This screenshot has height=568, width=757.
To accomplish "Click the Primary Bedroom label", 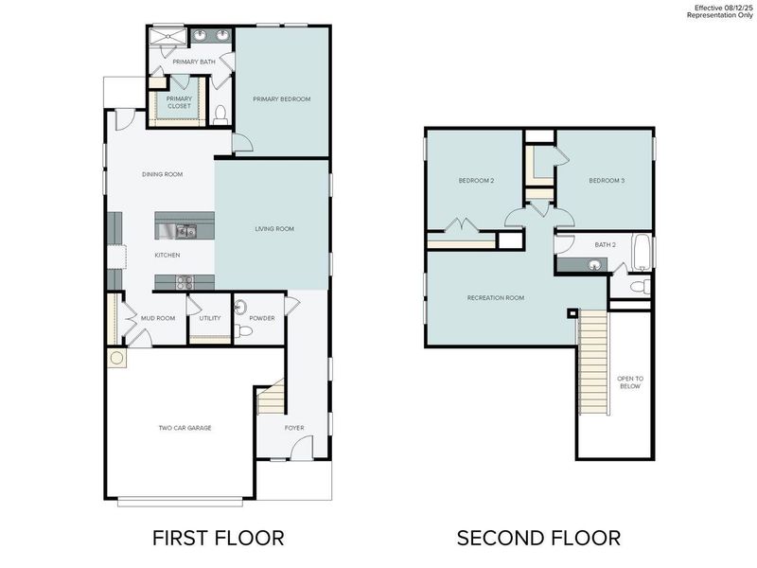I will pos(281,99).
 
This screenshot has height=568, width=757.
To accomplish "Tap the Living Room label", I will pos(274,229).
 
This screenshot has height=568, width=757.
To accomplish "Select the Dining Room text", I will pos(162,174).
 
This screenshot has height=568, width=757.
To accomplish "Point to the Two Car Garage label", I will pos(185,428).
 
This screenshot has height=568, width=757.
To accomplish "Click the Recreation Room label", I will pos(495,298).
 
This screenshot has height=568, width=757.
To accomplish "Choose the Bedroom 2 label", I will pos(477,181).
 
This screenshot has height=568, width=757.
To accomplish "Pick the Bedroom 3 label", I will pos(607,181).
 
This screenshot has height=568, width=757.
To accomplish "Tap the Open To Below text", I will pos(629,382).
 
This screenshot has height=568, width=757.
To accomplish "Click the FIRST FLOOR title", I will pos(218,538).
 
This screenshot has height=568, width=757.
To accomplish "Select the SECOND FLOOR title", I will pos(538,538).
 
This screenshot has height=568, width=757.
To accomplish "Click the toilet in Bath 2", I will pos(638,286).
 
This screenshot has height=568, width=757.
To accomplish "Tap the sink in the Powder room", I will pos(239,307).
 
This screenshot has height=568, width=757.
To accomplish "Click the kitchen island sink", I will pos(185,230).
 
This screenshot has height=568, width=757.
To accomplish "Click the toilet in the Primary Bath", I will pos(220,115).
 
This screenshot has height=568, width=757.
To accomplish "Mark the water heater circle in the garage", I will pos(117,358).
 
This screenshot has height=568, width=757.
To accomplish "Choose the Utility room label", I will pos(210,318).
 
